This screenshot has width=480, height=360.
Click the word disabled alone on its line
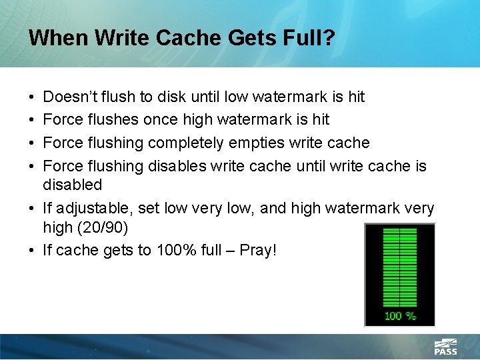point(72,184)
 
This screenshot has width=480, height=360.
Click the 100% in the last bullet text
point(177,251)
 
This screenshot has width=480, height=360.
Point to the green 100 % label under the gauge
point(400,315)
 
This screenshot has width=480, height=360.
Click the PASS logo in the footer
point(445,347)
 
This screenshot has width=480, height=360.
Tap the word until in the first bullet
point(207,97)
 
